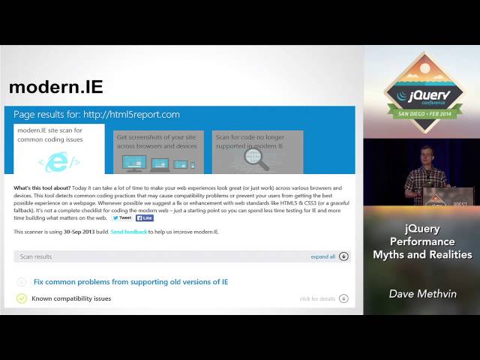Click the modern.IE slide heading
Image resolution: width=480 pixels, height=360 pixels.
tap(55, 87)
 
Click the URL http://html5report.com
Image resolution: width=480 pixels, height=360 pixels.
tap(131, 115)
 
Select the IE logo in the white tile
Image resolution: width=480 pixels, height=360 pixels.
tap(59, 160)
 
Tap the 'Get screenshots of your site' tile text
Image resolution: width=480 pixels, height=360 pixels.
tap(155, 141)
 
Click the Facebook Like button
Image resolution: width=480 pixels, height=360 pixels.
tap(145, 217)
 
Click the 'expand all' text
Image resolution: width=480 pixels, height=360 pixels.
tap(323, 256)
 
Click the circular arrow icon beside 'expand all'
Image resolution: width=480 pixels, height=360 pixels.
tap(343, 256)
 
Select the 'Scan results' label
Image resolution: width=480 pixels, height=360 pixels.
tap(36, 256)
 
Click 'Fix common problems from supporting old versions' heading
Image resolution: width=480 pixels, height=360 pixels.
tap(130, 282)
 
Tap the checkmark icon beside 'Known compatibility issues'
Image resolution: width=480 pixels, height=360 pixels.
tap(22, 298)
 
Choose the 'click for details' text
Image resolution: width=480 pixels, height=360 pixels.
tap(317, 298)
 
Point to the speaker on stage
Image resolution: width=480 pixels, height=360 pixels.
tap(424, 175)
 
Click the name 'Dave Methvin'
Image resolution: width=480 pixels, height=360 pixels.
tap(423, 294)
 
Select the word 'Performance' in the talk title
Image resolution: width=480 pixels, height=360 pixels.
tap(422, 241)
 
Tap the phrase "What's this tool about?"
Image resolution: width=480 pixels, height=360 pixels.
tap(43, 188)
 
